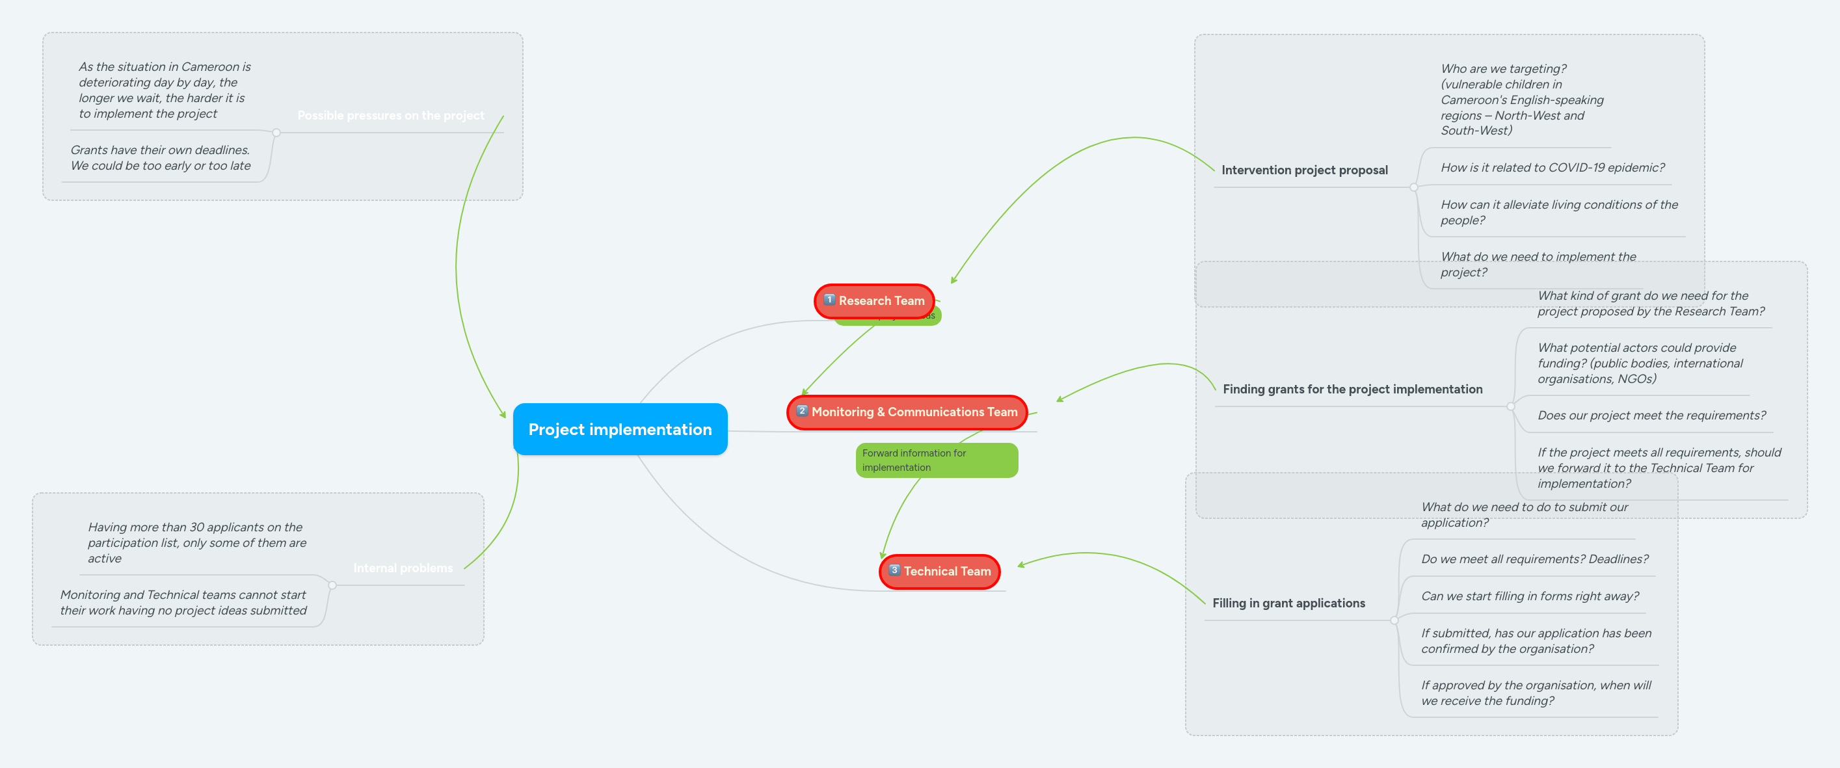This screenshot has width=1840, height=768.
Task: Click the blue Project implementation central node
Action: tap(619, 429)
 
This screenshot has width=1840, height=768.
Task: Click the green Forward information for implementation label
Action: tap(936, 460)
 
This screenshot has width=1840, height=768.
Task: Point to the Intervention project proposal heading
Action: tap(1303, 170)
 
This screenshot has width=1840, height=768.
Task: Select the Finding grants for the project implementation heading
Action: tap(1352, 390)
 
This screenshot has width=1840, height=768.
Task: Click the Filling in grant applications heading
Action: tap(1288, 603)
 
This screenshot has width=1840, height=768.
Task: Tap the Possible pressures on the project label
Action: tap(390, 116)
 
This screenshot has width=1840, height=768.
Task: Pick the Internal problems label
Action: tap(402, 568)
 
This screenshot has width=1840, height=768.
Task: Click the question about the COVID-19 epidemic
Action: tap(1551, 168)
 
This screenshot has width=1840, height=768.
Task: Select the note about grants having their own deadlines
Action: tap(160, 158)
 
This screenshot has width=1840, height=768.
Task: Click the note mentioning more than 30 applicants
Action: tap(196, 542)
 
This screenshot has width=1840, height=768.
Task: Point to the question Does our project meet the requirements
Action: tap(1651, 416)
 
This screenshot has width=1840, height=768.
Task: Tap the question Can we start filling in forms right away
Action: tap(1529, 596)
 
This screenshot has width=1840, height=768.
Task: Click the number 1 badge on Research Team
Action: tap(829, 300)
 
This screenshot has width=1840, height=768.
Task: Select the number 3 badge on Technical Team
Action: tap(894, 570)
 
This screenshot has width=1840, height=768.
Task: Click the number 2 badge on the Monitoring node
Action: tap(801, 411)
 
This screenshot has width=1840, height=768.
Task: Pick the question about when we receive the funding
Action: tap(1536, 693)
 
